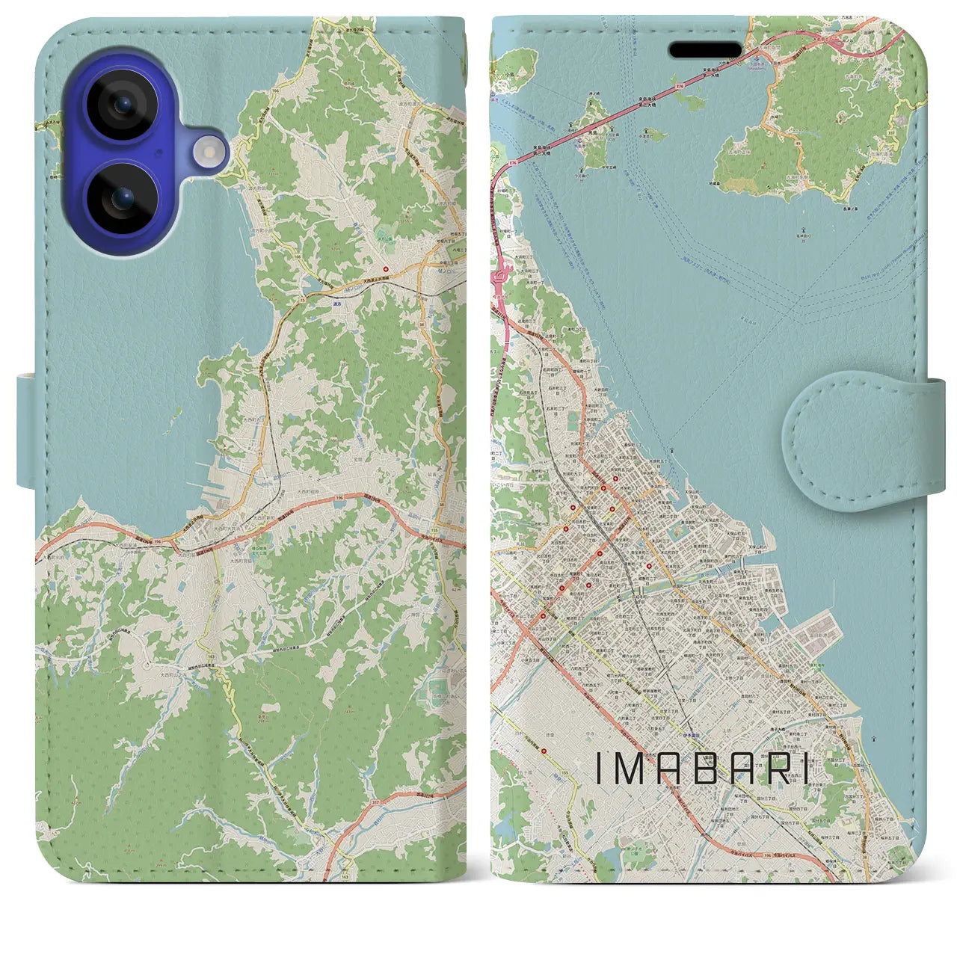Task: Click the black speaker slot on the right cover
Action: (705, 49)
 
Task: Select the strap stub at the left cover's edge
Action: (26, 432)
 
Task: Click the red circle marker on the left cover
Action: (386, 269)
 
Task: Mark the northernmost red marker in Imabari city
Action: (615, 479)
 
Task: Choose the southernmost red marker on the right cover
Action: (542, 616)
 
